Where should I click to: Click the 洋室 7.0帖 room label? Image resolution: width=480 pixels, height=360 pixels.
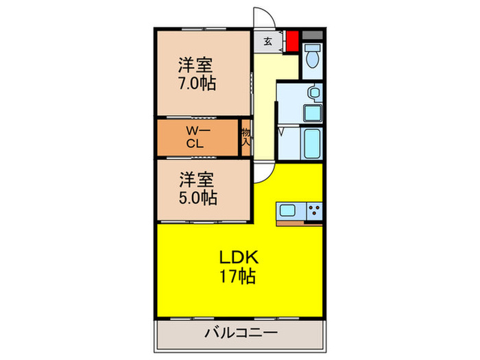point(196,74)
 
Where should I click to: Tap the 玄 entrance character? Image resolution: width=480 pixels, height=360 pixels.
point(267,41)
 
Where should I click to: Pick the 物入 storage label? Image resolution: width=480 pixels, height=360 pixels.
point(245,137)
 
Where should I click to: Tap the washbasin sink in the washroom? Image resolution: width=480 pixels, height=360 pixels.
point(313,93)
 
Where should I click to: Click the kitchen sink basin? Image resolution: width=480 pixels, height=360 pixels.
point(286,211)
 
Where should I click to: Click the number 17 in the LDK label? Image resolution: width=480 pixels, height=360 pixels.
point(228,277)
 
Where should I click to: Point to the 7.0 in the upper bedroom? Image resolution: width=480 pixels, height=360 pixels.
point(188,84)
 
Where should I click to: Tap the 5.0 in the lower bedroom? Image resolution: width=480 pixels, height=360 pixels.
point(189,199)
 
